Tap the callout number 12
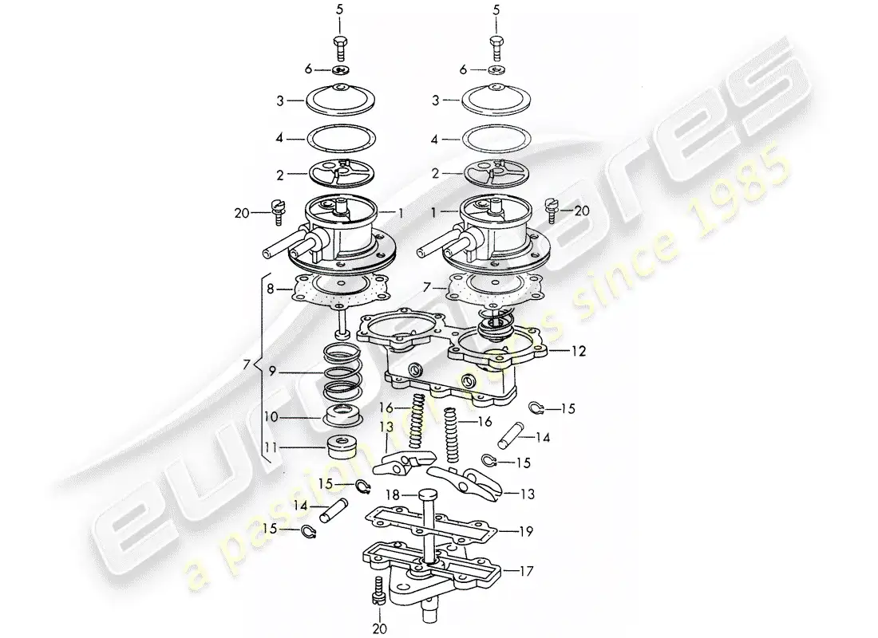click(x=579, y=350)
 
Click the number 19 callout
click(x=524, y=530)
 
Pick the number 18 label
click(x=391, y=495)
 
